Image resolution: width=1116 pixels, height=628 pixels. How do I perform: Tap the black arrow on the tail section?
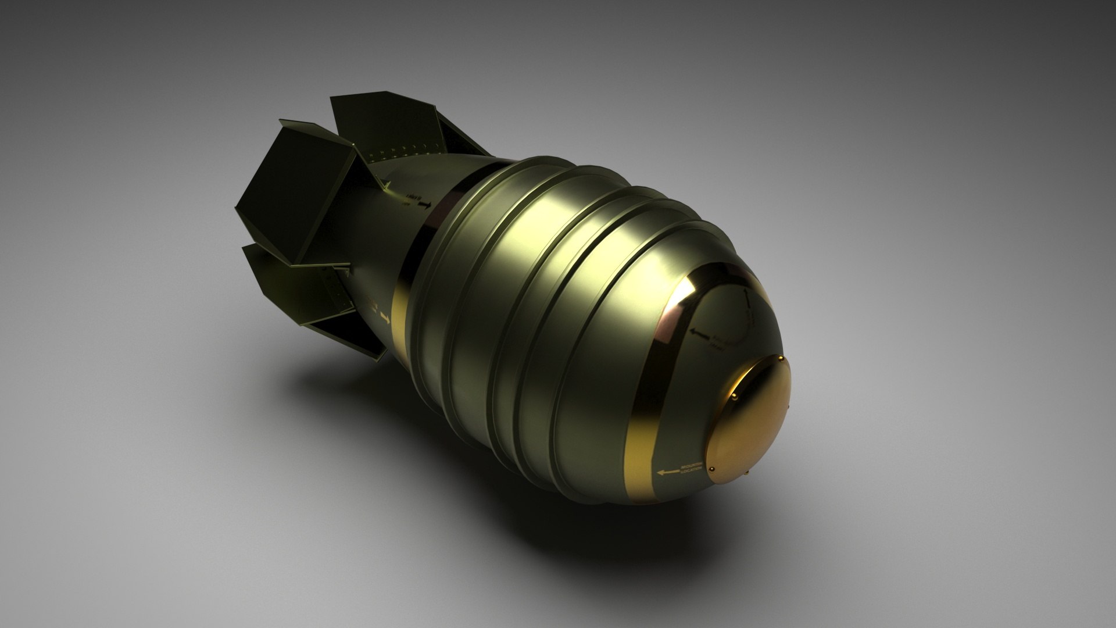tap(424, 205)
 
